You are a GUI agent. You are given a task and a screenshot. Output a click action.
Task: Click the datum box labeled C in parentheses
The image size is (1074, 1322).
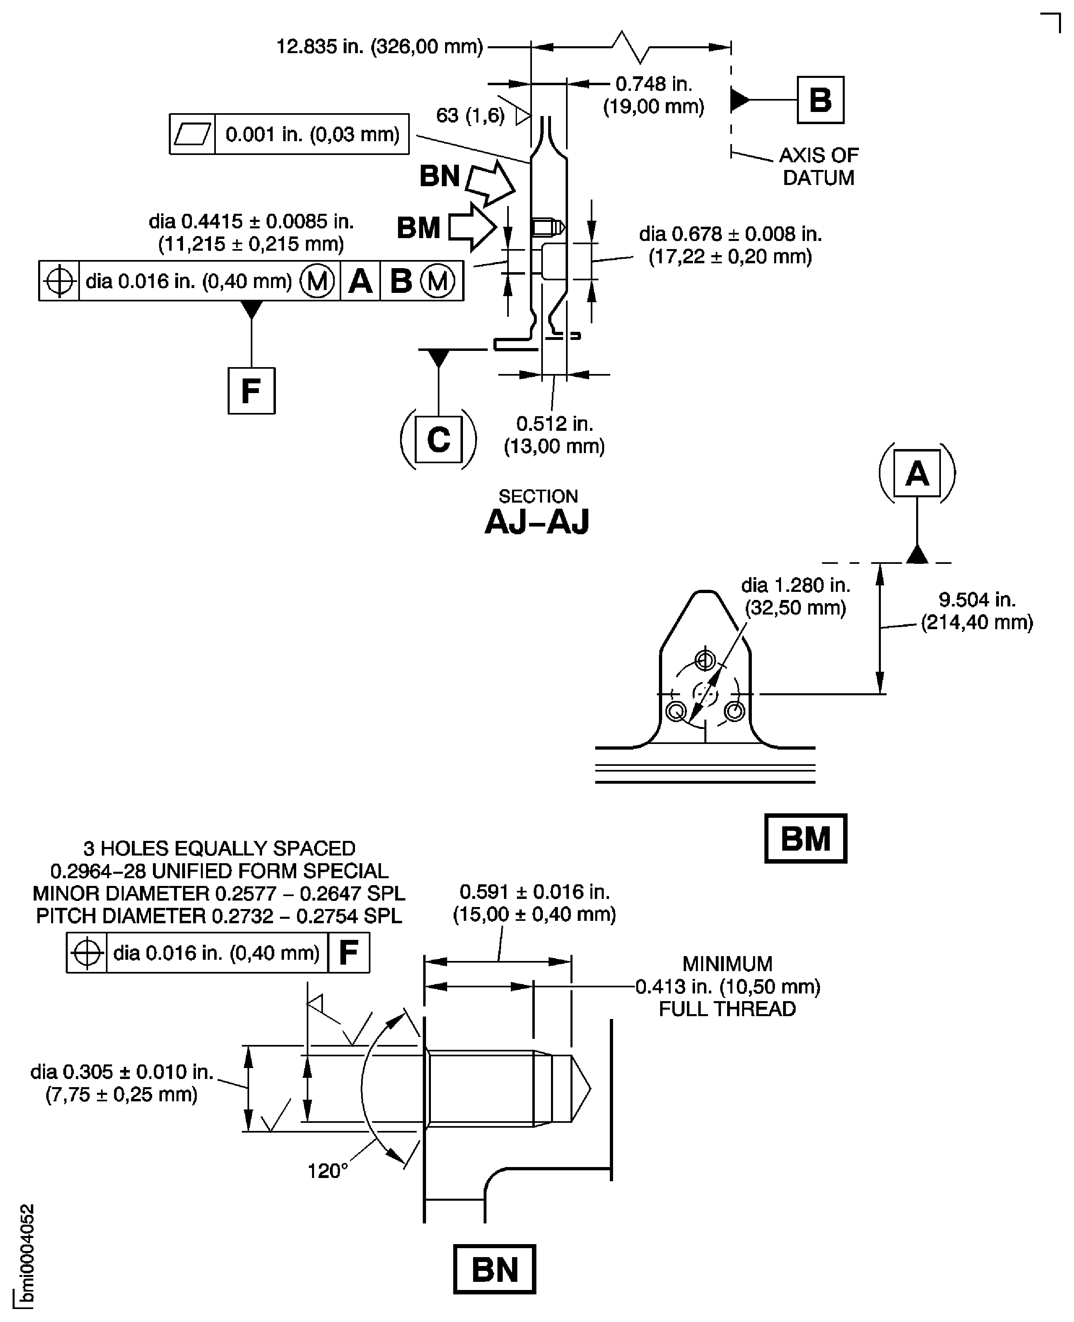(x=438, y=439)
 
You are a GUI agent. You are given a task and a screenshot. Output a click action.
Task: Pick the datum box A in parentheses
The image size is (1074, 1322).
(x=917, y=474)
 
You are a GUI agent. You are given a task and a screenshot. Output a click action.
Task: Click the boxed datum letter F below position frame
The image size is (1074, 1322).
(x=251, y=391)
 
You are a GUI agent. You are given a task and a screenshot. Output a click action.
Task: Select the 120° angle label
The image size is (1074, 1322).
(x=327, y=1171)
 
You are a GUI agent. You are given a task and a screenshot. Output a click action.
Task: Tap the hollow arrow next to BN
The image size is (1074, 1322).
(x=490, y=183)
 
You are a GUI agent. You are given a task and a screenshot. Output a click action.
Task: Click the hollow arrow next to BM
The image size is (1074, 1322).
(x=472, y=227)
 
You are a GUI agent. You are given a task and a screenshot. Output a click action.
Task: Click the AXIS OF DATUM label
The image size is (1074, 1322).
(x=818, y=166)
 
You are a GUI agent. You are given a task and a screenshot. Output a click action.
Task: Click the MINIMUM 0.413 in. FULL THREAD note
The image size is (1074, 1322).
(x=727, y=986)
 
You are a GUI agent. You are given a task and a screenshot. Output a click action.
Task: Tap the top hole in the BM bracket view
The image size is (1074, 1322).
(x=705, y=660)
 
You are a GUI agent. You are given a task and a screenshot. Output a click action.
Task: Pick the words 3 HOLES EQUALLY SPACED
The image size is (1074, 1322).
(x=220, y=848)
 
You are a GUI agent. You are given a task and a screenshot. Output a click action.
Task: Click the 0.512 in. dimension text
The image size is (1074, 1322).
(x=554, y=434)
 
